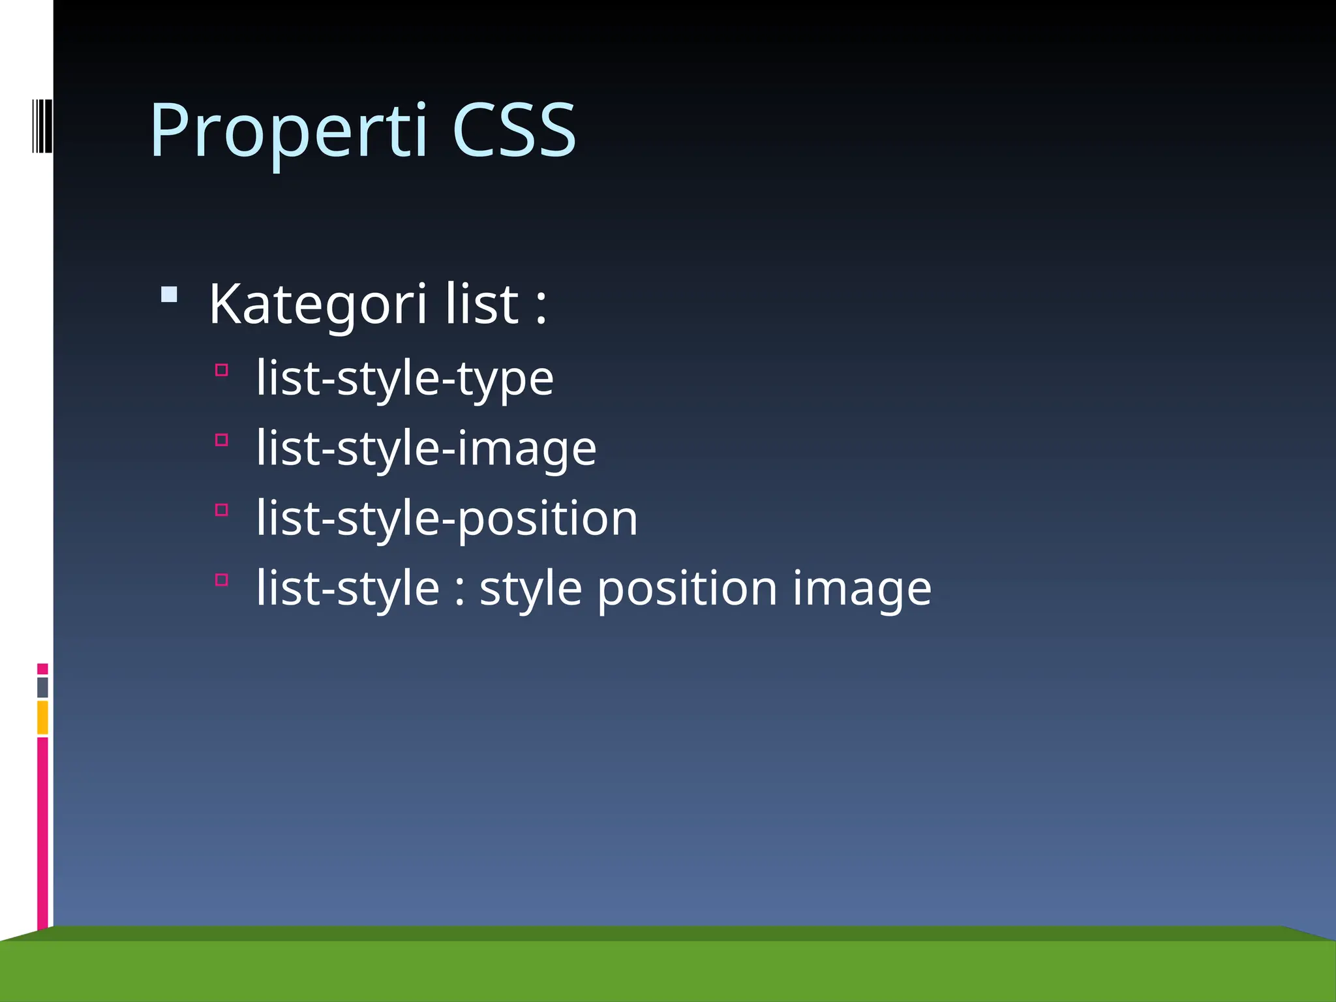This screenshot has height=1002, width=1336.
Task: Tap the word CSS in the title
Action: (513, 130)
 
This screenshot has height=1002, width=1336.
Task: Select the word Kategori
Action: (318, 305)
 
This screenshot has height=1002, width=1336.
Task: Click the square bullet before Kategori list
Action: (169, 295)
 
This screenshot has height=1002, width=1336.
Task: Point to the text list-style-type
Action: (404, 378)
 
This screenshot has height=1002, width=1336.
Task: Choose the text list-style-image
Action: (426, 449)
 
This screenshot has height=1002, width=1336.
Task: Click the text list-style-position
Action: (447, 519)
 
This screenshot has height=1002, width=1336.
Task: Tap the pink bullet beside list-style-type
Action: (222, 371)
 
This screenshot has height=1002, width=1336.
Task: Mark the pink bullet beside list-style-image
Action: (222, 440)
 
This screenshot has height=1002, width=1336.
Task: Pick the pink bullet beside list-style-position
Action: (222, 510)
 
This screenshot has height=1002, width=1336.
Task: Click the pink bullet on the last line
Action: (222, 580)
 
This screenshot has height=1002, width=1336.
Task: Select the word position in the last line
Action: (687, 589)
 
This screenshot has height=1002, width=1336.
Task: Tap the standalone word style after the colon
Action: (530, 589)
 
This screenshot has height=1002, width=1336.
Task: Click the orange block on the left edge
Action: (42, 718)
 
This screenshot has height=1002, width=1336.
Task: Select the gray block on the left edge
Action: (42, 688)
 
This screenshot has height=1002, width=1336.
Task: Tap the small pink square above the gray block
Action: (42, 669)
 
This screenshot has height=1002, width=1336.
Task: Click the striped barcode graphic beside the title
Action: (42, 125)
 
